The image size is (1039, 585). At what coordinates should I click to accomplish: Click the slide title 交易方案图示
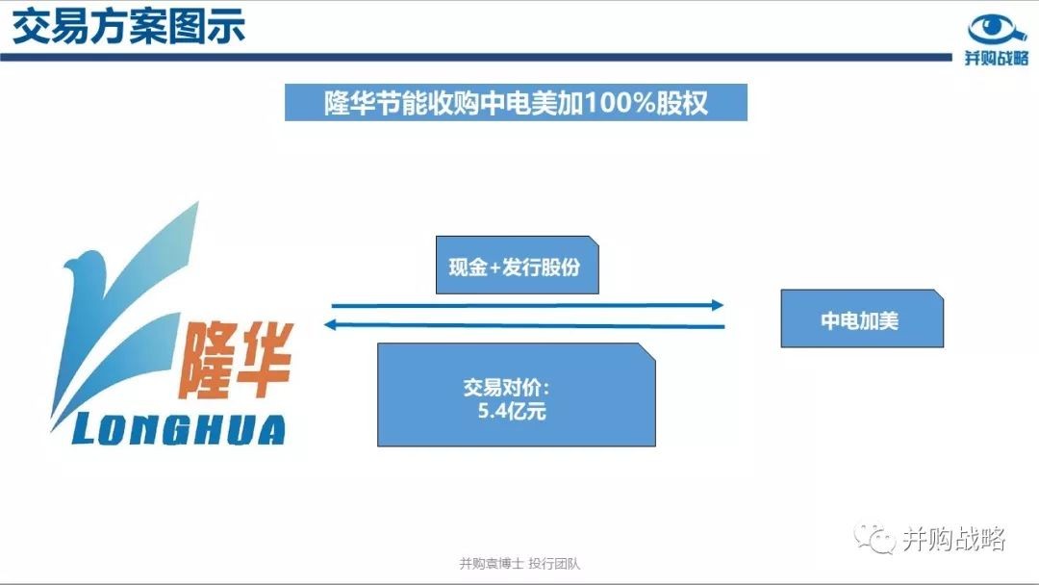pyautogui.click(x=129, y=27)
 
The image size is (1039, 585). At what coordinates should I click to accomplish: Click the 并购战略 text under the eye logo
pyautogui.click(x=996, y=58)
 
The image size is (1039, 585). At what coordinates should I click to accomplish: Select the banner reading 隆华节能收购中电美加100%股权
pyautogui.click(x=516, y=102)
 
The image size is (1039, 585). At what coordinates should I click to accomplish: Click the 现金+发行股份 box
pyautogui.click(x=517, y=265)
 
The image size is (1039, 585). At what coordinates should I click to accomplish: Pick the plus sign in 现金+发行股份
pyautogui.click(x=495, y=267)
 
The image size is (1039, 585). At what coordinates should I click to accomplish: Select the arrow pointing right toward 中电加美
pyautogui.click(x=527, y=305)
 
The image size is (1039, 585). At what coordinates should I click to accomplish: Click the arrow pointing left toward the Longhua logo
pyautogui.click(x=524, y=324)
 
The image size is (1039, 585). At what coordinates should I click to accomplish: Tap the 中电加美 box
pyautogui.click(x=862, y=318)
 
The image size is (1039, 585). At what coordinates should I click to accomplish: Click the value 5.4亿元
pyautogui.click(x=512, y=412)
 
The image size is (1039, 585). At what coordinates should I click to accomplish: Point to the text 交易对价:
pyautogui.click(x=506, y=388)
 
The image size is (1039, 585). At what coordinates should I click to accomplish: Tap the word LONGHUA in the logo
pyautogui.click(x=179, y=429)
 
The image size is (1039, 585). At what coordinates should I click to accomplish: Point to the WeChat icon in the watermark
pyautogui.click(x=874, y=539)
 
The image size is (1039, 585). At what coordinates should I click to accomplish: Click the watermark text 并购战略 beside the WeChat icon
pyautogui.click(x=954, y=539)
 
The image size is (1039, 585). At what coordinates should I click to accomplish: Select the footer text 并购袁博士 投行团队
pyautogui.click(x=519, y=564)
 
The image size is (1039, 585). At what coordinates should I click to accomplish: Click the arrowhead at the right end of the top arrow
pyautogui.click(x=719, y=305)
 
